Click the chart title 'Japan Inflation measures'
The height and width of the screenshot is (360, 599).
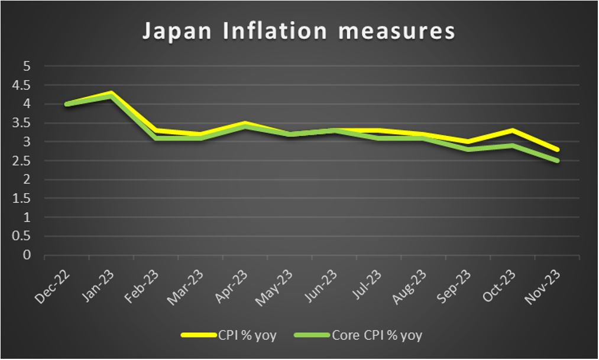pyautogui.click(x=299, y=32)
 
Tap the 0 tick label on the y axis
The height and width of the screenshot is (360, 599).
pyautogui.click(x=26, y=255)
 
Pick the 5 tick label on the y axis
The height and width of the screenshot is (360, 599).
pyautogui.click(x=26, y=66)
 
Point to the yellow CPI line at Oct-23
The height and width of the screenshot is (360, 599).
pyautogui.click(x=513, y=130)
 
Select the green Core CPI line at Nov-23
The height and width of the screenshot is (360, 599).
pyautogui.click(x=557, y=161)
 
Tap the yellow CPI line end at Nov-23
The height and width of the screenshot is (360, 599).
pyautogui.click(x=557, y=150)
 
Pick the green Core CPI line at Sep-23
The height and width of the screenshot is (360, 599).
pyautogui.click(x=468, y=150)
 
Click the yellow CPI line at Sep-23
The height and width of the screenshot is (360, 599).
pyautogui.click(x=468, y=142)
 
